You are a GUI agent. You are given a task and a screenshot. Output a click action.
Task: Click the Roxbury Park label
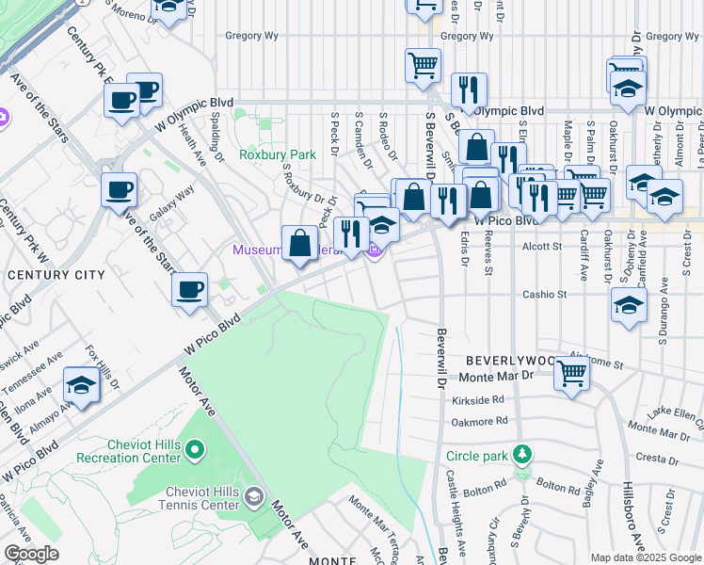coord(277,154)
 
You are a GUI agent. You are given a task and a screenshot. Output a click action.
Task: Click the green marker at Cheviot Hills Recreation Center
coord(195,450)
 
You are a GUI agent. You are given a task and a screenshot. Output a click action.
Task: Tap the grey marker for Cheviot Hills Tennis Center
coord(253,495)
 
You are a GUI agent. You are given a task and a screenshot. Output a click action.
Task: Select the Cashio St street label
coord(546,295)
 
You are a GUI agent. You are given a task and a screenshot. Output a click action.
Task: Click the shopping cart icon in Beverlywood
coord(571,374)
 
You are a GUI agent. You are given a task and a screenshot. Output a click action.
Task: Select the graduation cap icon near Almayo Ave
coord(82,385)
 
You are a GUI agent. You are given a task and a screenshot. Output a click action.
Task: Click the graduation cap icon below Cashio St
coord(629,305)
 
